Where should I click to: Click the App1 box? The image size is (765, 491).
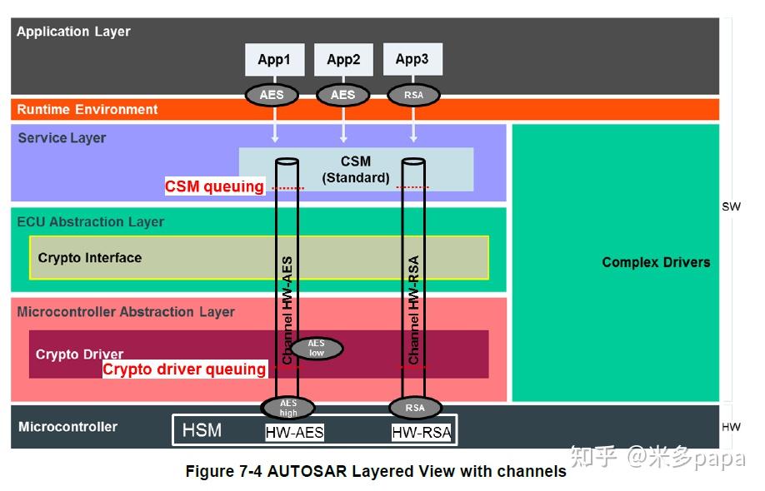tap(273, 60)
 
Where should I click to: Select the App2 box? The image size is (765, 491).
tap(343, 60)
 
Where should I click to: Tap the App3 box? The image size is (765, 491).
tap(412, 59)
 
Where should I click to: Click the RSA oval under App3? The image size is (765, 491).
tap(413, 95)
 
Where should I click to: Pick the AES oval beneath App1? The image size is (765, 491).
tap(272, 95)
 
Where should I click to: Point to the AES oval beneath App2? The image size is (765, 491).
tap(342, 95)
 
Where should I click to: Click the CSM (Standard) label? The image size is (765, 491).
tap(356, 169)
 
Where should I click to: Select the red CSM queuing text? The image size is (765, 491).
tap(214, 186)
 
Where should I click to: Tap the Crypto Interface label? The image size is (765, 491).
tap(90, 258)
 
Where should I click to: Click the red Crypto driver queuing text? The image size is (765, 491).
tap(184, 369)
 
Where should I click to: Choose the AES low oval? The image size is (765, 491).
tap(316, 348)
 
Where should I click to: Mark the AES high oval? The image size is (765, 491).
tap(288, 408)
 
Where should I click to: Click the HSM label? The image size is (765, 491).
tap(202, 430)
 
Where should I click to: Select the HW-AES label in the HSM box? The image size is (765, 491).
tap(294, 432)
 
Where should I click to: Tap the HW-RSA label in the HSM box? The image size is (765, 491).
tap(422, 432)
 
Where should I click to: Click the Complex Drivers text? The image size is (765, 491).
tap(656, 262)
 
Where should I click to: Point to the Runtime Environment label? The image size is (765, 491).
tap(87, 109)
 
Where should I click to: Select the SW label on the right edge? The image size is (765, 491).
tap(731, 206)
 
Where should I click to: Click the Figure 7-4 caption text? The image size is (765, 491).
tap(376, 472)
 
